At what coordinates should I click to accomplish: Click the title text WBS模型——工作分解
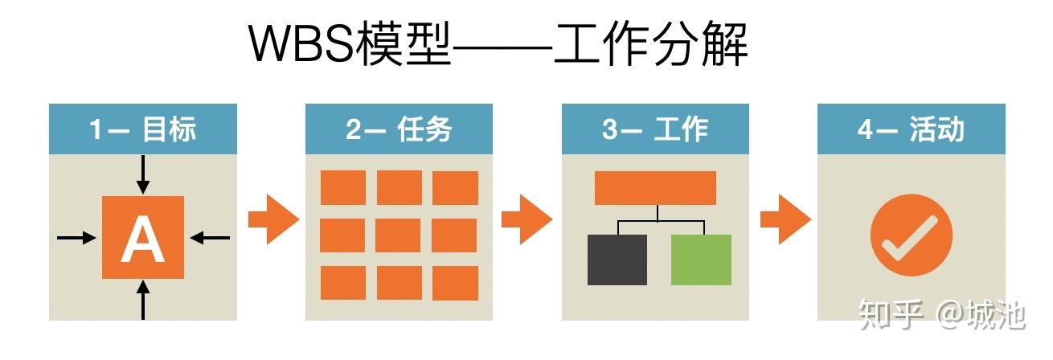(498, 44)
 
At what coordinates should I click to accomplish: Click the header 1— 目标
(143, 129)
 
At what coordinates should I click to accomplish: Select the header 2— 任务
(399, 129)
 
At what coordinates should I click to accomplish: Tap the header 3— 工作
(655, 129)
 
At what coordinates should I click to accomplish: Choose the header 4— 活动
(911, 129)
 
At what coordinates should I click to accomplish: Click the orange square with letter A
(143, 237)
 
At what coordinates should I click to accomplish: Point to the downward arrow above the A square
(143, 174)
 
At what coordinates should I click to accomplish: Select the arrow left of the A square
(76, 237)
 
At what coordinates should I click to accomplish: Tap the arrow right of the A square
(210, 237)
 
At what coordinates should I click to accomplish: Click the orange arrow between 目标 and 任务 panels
(272, 218)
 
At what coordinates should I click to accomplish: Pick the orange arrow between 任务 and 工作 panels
(526, 218)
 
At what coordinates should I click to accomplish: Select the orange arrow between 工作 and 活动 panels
(784, 218)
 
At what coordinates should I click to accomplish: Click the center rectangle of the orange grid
(399, 235)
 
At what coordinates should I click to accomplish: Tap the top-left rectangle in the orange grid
(342, 188)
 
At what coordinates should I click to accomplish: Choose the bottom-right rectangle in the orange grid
(455, 283)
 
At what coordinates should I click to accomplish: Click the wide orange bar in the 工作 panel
(655, 188)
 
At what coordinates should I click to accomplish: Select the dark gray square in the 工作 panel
(617, 260)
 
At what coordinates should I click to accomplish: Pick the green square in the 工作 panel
(701, 260)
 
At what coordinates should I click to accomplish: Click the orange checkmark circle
(911, 235)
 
